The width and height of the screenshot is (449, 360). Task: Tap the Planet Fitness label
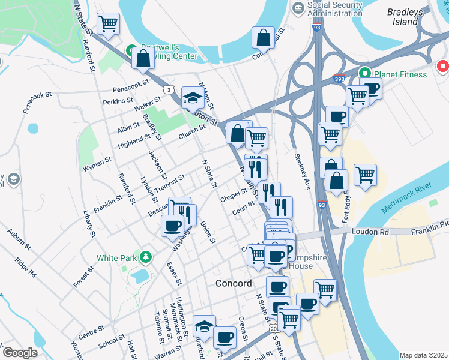pos(400,74)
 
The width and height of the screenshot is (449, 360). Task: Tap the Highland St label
pos(134,140)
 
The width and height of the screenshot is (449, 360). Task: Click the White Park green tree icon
pos(145,257)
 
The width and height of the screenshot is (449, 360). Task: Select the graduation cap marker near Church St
pos(193,97)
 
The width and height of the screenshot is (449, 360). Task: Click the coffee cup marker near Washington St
pos(172,226)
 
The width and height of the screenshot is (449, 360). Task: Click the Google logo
pos(20,353)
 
